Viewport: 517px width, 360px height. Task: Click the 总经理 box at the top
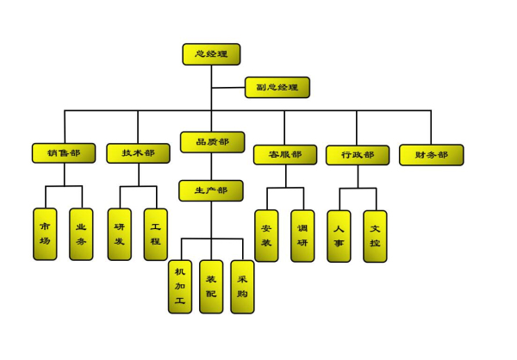pos(211,54)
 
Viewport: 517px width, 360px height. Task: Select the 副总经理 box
pos(277,87)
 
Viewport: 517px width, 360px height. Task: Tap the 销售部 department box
pos(64,153)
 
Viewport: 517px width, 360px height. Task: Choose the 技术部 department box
pos(138,153)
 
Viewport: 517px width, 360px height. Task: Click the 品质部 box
pos(211,142)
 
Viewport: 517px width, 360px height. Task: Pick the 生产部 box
pos(211,190)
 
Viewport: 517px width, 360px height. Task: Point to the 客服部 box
pos(285,155)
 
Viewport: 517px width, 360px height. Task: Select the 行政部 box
pos(358,155)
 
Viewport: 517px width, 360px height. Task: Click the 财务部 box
pos(431,155)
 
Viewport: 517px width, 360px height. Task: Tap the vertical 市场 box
pos(45,234)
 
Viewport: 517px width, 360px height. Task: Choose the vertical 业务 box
pos(81,234)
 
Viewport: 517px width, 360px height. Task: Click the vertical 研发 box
pos(119,234)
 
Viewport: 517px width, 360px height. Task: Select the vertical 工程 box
pos(155,234)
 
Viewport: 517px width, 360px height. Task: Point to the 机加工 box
pos(179,287)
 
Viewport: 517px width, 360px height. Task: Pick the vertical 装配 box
pos(211,287)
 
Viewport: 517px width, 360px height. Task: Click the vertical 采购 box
pos(242,287)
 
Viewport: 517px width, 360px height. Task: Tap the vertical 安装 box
pos(266,236)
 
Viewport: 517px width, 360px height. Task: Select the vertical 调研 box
pos(302,236)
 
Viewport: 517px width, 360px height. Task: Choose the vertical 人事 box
pos(339,236)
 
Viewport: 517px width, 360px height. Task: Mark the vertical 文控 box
pos(375,236)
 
